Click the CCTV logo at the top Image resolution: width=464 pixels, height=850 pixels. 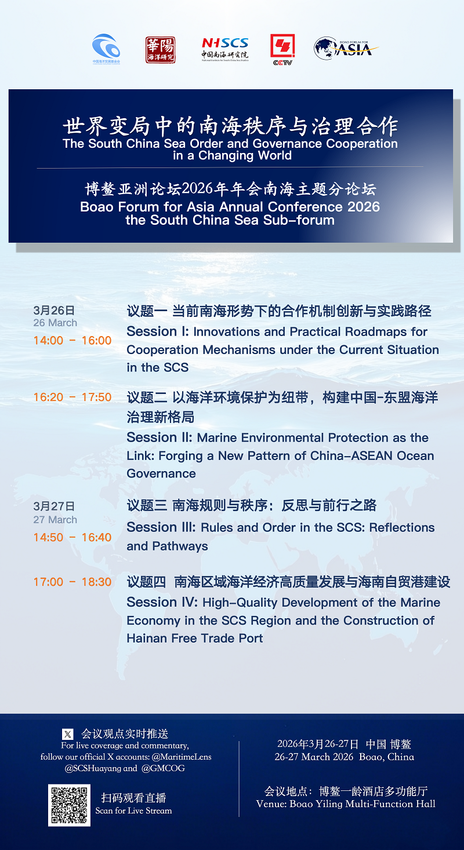[282, 49]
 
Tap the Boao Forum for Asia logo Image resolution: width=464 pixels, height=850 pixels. [346, 48]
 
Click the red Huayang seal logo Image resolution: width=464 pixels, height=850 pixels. [160, 50]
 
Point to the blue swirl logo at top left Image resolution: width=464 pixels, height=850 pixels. [106, 48]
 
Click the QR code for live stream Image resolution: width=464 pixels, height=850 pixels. [70, 805]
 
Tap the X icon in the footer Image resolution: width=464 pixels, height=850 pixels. [68, 734]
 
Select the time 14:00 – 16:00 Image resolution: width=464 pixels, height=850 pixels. [72, 340]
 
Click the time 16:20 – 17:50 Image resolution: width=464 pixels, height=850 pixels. [72, 397]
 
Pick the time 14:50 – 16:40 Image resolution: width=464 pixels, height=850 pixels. [72, 537]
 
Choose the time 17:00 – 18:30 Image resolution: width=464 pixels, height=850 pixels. [72, 582]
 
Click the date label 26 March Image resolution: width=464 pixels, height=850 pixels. [55, 323]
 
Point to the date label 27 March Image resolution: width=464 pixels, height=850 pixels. [55, 520]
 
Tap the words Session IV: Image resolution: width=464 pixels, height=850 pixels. [162, 603]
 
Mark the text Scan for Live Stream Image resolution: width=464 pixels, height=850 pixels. [133, 811]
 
